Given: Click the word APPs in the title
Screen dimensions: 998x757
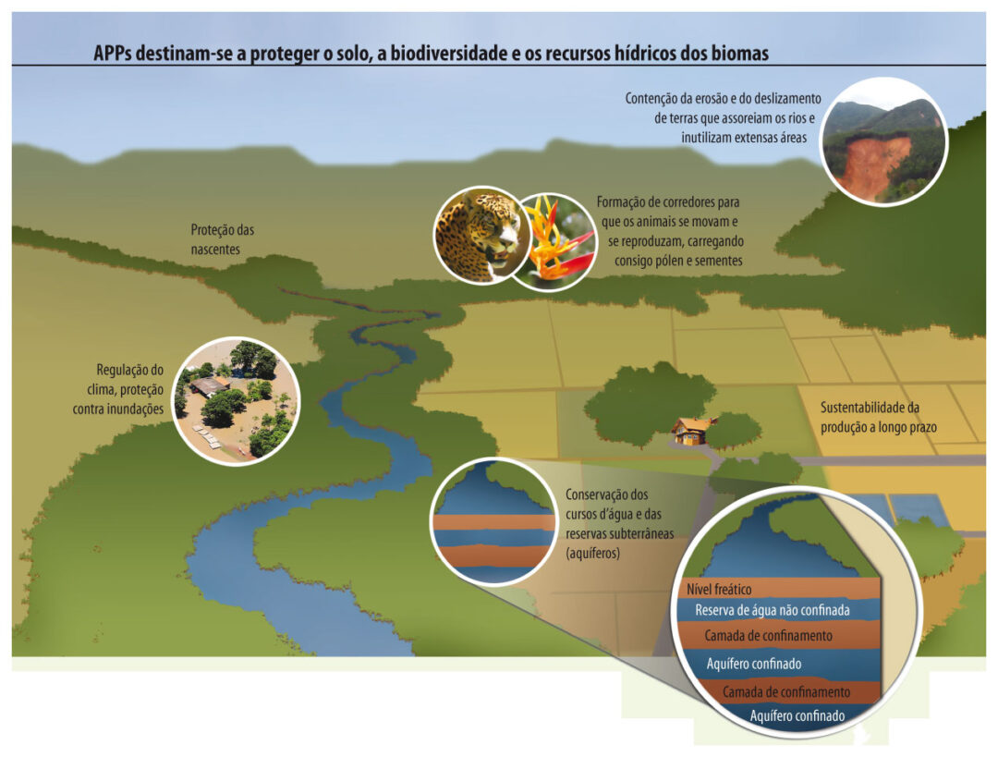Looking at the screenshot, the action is click(113, 54).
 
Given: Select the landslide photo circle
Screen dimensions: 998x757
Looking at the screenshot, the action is click(883, 142).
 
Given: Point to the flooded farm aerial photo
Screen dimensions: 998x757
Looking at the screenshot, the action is click(237, 401).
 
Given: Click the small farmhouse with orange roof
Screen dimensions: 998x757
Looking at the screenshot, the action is click(692, 431).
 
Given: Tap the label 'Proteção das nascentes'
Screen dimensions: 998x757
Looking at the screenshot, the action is click(222, 239).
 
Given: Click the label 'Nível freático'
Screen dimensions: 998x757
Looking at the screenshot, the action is click(719, 590).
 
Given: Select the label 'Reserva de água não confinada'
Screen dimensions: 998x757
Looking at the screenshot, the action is click(772, 611).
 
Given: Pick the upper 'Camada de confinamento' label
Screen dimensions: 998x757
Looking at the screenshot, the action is click(768, 635).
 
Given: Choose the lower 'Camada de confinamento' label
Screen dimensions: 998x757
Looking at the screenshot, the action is click(786, 692).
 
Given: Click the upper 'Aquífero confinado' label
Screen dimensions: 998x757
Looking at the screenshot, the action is click(754, 664).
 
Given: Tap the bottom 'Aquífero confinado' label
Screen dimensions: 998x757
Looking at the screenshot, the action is click(797, 716).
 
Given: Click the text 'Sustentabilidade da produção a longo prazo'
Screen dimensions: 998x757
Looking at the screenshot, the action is click(879, 417).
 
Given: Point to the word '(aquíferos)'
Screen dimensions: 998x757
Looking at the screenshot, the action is click(592, 554).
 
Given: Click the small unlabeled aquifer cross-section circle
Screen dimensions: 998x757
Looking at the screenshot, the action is click(493, 521).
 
